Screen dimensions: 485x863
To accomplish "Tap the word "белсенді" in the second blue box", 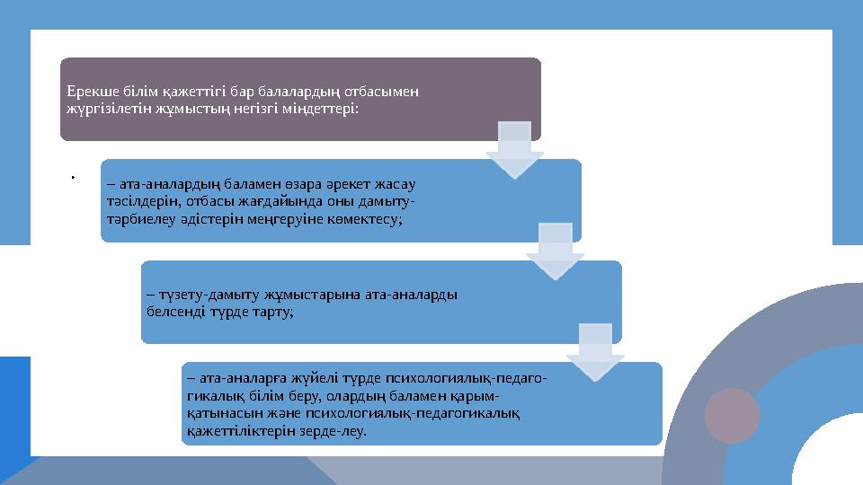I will point(172,311).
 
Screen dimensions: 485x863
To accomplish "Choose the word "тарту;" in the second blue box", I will point(275,311).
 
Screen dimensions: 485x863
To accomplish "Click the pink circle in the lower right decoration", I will point(732,416).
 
